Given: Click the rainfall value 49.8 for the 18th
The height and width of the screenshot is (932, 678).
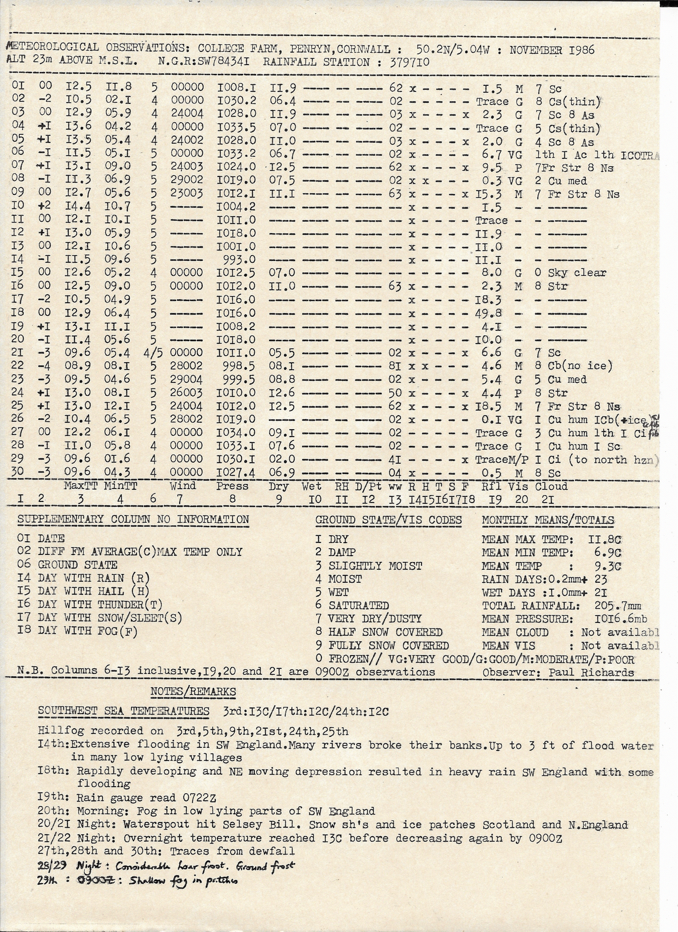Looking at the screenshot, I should tap(489, 313).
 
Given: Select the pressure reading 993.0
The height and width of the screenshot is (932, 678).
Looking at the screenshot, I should tap(239, 260).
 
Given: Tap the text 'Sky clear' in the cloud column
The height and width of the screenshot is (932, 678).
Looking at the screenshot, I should tap(577, 273).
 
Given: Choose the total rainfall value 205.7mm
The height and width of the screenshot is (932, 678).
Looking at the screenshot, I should tap(618, 606).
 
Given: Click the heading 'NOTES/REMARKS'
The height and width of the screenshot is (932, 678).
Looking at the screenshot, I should tap(193, 692).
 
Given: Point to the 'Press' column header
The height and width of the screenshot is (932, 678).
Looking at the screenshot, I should tap(232, 486).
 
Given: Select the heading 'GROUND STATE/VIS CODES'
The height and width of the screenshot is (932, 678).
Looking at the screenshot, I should tap(388, 520).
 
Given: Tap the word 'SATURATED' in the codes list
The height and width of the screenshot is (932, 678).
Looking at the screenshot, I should tap(358, 605).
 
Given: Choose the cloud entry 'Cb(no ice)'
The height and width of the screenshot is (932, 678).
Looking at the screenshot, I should tap(580, 366).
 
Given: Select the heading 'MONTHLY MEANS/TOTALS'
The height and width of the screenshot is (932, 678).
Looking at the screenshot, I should tap(548, 520).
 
